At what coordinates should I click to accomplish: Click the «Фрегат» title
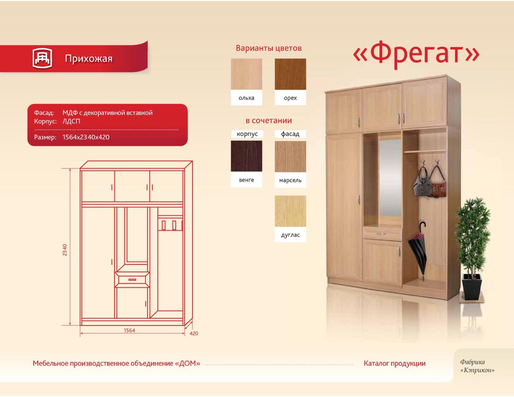pyautogui.click(x=416, y=54)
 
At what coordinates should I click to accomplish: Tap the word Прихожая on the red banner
pyautogui.click(x=88, y=59)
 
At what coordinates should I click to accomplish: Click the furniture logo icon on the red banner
pyautogui.click(x=42, y=58)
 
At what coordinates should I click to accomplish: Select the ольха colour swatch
pyautogui.click(x=247, y=74)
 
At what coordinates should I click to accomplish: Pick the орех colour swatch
pyautogui.click(x=290, y=74)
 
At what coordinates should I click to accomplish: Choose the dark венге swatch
pyautogui.click(x=247, y=156)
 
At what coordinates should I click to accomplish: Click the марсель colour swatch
pyautogui.click(x=290, y=156)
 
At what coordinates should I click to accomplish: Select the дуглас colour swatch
pyautogui.click(x=290, y=211)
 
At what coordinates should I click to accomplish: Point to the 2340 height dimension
pyautogui.click(x=64, y=250)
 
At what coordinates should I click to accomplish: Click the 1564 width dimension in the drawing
pyautogui.click(x=129, y=330)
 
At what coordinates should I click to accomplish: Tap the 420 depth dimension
pyautogui.click(x=194, y=333)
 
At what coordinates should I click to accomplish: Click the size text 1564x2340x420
pyautogui.click(x=86, y=137)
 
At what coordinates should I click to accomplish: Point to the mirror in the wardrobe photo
pyautogui.click(x=390, y=177)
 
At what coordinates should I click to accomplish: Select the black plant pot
pyautogui.click(x=472, y=286)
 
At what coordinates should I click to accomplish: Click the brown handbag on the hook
pyautogui.click(x=438, y=184)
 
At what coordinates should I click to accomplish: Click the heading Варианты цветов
pyautogui.click(x=269, y=48)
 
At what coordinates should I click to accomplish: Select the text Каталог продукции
pyautogui.click(x=395, y=363)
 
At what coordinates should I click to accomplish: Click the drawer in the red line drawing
pyautogui.click(x=132, y=279)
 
